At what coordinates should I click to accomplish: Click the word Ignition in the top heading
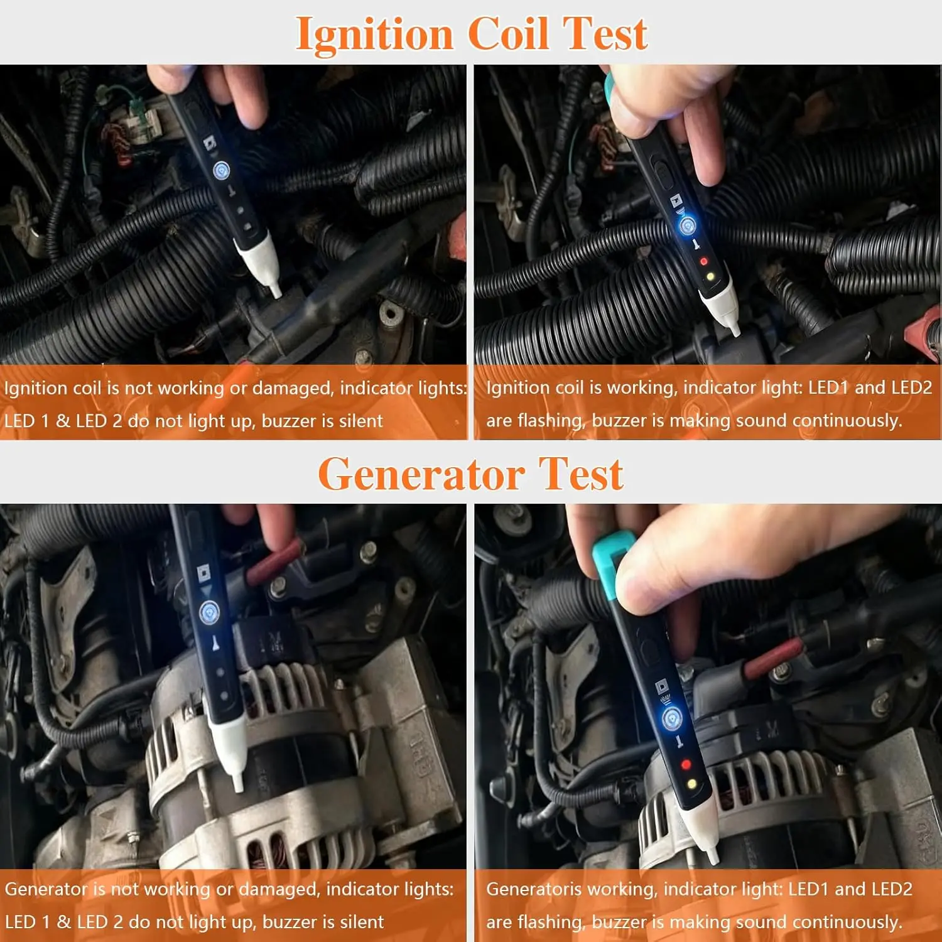coord(374,35)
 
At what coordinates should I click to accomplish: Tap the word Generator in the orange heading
coord(421,474)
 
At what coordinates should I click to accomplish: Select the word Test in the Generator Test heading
coord(582,474)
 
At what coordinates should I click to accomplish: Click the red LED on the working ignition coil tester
coord(703,261)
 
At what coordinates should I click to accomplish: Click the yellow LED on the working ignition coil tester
coord(710,276)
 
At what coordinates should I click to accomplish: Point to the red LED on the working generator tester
coord(686,764)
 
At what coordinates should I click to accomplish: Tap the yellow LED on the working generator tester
coord(692,784)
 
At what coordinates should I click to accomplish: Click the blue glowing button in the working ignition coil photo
coord(688,224)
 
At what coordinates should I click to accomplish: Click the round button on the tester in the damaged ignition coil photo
coord(221,170)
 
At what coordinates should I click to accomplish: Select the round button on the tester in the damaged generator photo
coord(209,611)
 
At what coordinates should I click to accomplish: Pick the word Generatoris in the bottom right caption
coord(535,889)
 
